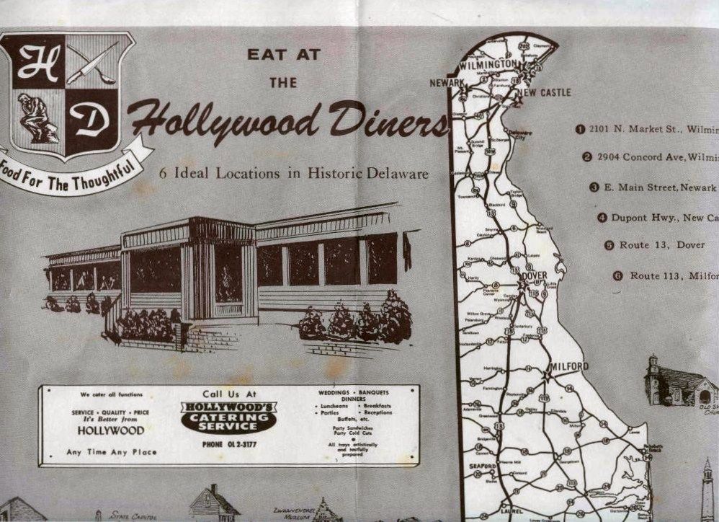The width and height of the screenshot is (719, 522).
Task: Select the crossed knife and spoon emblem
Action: pyautogui.click(x=92, y=66)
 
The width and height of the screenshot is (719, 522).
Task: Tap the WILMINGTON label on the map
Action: pyautogui.click(x=487, y=64)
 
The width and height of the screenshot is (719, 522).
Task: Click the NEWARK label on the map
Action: pyautogui.click(x=447, y=83)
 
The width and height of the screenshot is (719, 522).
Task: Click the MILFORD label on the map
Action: pyautogui.click(x=569, y=366)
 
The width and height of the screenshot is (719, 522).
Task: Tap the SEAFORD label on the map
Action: pyautogui.click(x=483, y=466)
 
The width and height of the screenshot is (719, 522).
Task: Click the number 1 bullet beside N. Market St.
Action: pyautogui.click(x=579, y=129)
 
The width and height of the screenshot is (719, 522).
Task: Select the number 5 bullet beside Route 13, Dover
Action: pyautogui.click(x=609, y=245)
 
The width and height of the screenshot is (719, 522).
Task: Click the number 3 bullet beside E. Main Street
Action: pyautogui.click(x=594, y=187)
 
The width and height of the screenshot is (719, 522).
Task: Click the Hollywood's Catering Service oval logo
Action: pyautogui.click(x=228, y=417)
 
